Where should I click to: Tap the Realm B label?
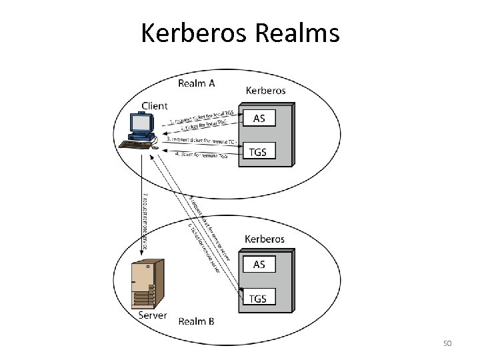tap(196, 321)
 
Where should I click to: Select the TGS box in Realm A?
tap(259, 151)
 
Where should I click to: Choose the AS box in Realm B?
tap(259, 264)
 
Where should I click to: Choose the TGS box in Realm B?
tap(259, 298)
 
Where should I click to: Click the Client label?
tap(155, 105)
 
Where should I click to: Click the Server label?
tap(153, 315)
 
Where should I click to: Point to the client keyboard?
tap(133, 143)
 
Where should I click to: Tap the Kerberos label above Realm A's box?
tap(265, 89)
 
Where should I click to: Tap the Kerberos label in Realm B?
tap(265, 238)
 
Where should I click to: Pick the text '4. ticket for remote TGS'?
tap(201, 155)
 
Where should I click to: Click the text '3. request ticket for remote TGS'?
tap(203, 141)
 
